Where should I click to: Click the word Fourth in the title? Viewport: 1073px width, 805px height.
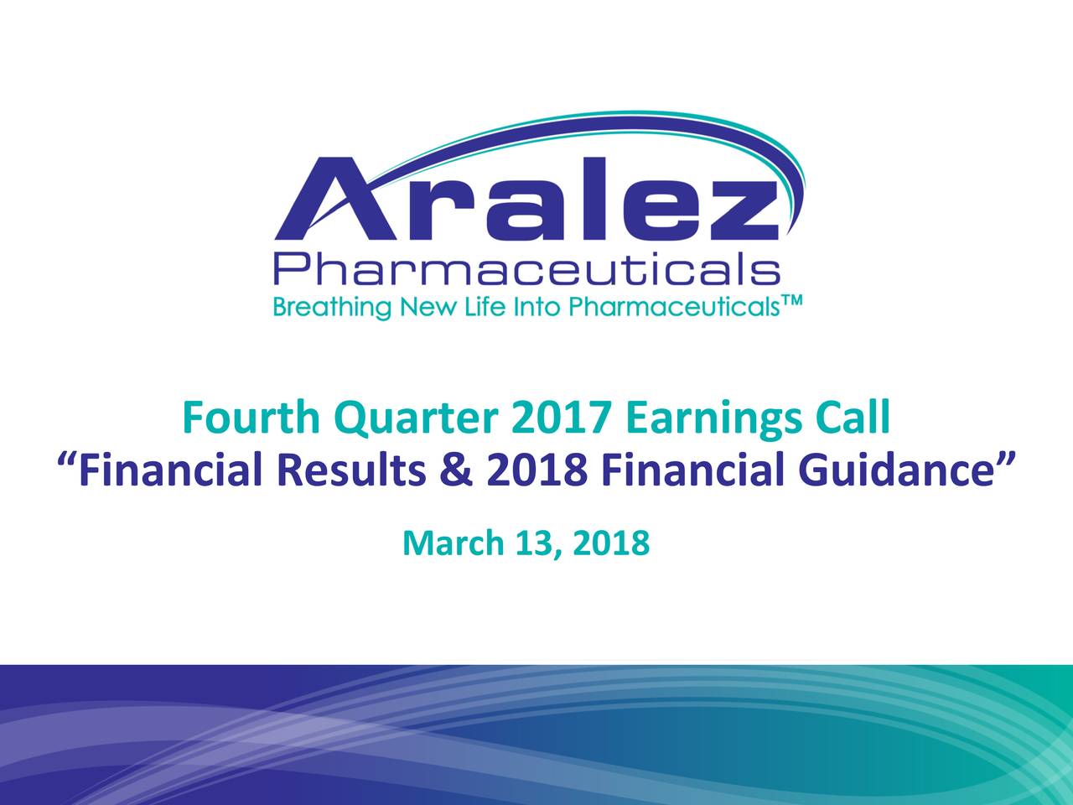tap(251, 418)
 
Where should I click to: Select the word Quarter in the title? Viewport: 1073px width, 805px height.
tap(416, 419)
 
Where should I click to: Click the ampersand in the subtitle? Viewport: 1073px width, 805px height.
tap(456, 470)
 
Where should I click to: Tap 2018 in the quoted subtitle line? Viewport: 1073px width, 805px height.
tap(536, 470)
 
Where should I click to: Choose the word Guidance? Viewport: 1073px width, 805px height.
tap(895, 470)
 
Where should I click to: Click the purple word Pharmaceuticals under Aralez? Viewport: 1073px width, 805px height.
tap(526, 267)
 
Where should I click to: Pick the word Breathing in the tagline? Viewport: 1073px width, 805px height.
tap(332, 308)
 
